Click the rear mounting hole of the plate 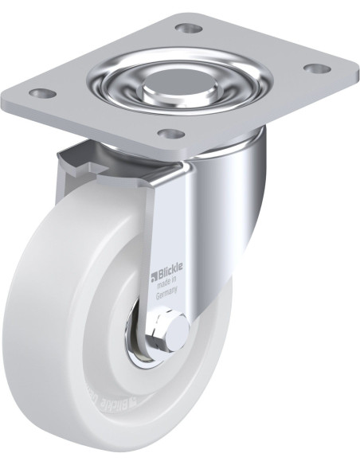pos(189,29)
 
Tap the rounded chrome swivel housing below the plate pos(239,171)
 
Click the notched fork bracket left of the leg pos(112,159)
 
